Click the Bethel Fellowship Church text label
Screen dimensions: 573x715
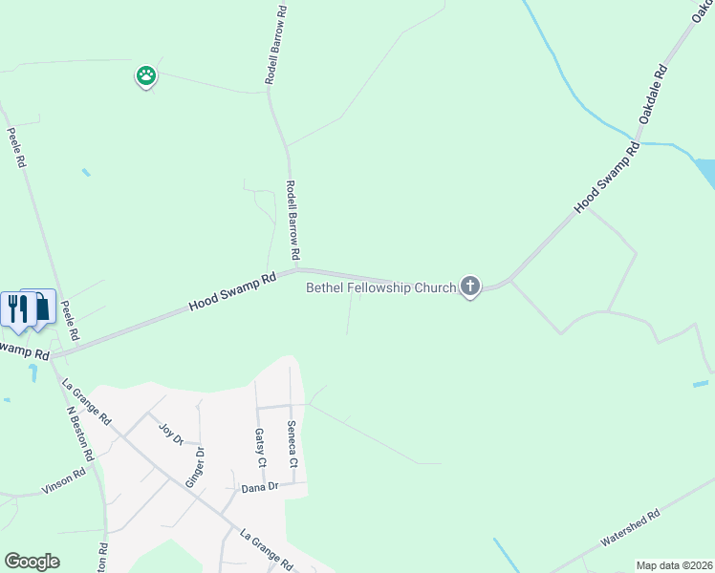click(x=380, y=287)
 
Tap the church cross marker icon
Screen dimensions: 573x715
click(x=469, y=286)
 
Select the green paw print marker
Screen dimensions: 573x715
click(x=145, y=75)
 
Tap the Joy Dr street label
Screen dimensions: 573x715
click(x=170, y=435)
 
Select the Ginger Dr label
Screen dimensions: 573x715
click(x=194, y=466)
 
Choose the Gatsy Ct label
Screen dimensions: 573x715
click(x=259, y=447)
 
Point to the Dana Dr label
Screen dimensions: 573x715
click(x=259, y=487)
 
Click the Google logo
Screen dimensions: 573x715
click(x=32, y=562)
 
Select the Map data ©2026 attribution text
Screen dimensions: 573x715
click(x=674, y=565)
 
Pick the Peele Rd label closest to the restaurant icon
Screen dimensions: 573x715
click(x=69, y=322)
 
